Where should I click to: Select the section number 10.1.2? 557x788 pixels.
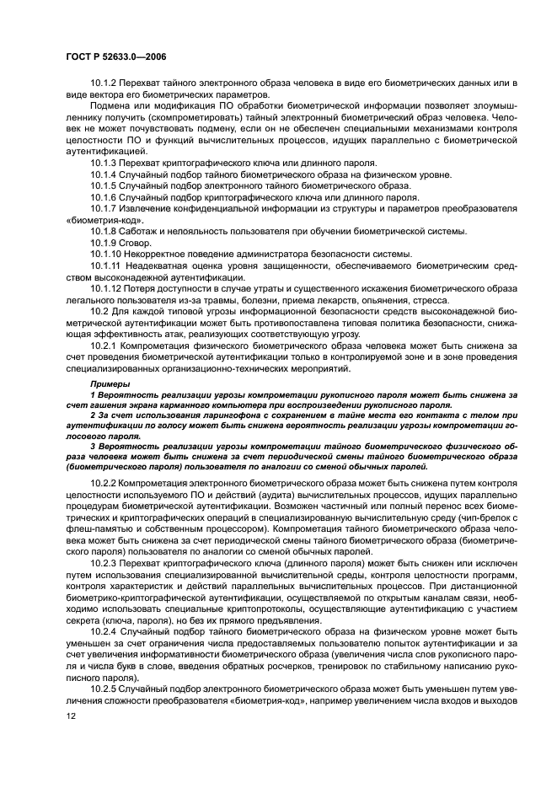[105, 84]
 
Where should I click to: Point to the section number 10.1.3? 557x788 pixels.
[105, 162]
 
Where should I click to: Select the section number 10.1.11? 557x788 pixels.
[108, 265]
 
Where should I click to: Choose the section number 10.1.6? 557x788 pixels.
[105, 196]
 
